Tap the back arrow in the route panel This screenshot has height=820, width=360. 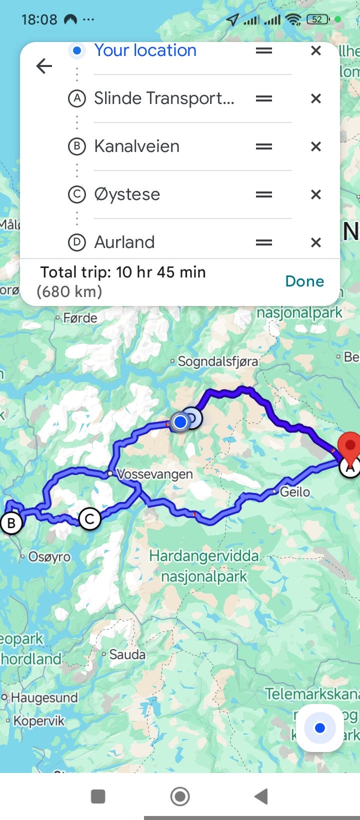[44, 66]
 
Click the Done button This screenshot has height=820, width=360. [304, 281]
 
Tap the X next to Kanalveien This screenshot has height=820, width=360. [315, 146]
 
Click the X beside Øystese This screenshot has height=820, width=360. [315, 194]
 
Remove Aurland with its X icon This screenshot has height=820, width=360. [315, 242]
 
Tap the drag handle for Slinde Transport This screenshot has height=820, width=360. [264, 98]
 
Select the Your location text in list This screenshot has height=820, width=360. [145, 50]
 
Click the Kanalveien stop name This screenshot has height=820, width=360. [136, 146]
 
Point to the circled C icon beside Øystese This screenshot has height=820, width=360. [76, 194]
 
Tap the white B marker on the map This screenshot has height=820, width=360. [11, 523]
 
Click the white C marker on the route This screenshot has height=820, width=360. [90, 519]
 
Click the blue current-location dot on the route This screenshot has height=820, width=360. [180, 422]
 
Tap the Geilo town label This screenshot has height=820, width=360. [294, 492]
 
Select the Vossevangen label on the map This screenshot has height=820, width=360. [154, 474]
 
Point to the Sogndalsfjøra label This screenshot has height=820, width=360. [218, 361]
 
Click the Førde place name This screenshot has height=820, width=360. [80, 318]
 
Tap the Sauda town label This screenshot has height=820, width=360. [127, 654]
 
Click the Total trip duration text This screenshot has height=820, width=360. [123, 272]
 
